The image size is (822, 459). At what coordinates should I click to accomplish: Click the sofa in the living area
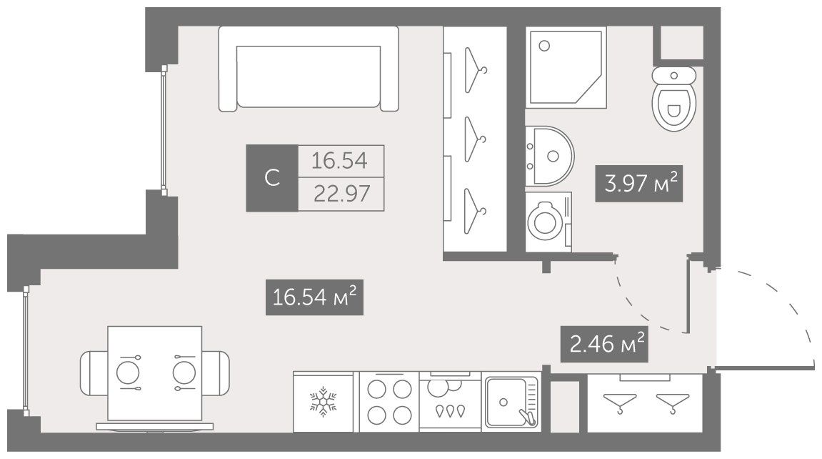309,69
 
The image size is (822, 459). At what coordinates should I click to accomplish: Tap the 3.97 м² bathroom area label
639,183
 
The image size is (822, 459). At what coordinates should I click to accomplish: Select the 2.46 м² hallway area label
604,344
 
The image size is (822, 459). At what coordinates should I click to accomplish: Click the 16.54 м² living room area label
314,297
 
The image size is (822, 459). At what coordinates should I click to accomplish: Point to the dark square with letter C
272,178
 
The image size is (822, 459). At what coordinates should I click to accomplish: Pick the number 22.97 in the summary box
341,194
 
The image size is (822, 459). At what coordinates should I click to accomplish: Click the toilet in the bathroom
673,98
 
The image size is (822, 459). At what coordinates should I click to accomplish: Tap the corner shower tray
566,68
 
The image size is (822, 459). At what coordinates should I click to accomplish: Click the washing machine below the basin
548,222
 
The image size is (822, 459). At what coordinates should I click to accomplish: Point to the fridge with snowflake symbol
323,402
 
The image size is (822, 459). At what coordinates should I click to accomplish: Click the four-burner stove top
389,402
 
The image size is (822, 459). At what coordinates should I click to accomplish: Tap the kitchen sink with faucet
511,403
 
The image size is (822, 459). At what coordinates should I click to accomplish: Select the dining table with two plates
155,373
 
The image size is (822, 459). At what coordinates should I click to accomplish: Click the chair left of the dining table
94,373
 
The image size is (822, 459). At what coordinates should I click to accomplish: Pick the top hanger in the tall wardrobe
476,69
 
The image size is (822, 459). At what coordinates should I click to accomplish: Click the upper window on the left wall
164,130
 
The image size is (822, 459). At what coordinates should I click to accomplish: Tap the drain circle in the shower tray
544,46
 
